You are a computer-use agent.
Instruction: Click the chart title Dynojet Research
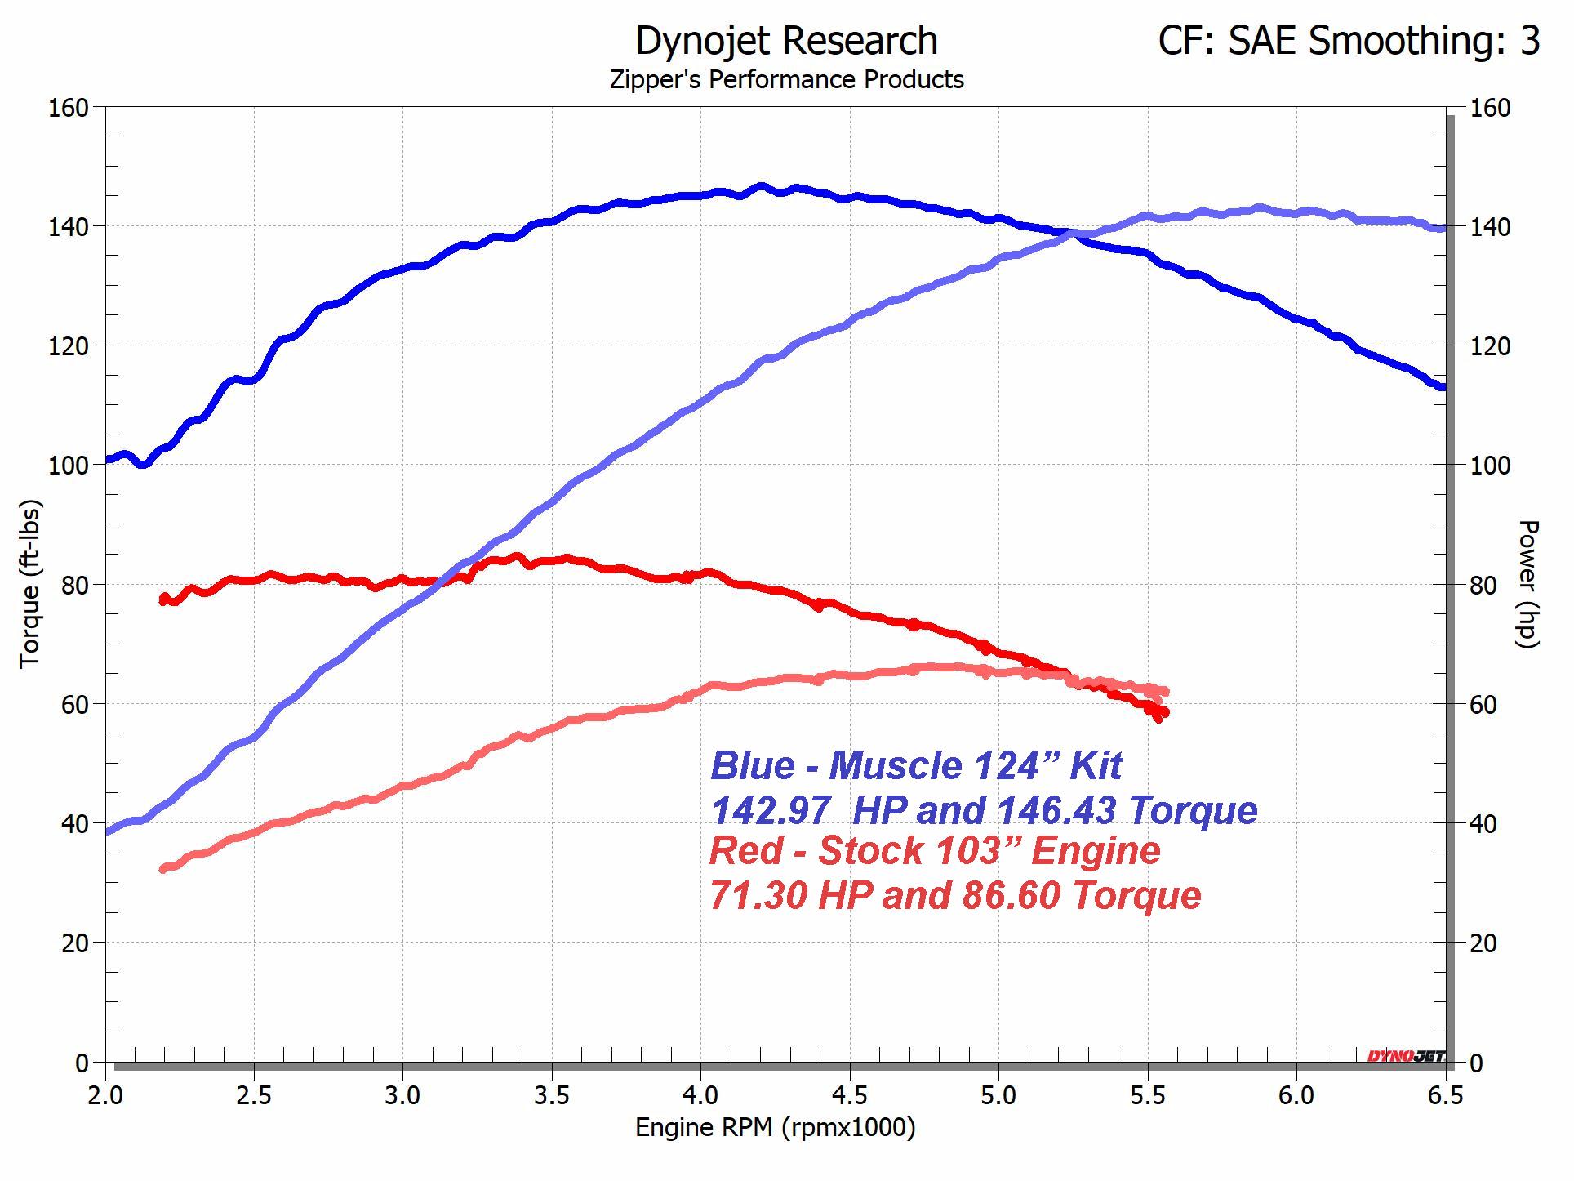[x=786, y=41]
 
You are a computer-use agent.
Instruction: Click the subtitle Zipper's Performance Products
[x=786, y=80]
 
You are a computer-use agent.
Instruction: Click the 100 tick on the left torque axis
[x=72, y=466]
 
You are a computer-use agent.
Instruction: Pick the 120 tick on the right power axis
[x=1489, y=346]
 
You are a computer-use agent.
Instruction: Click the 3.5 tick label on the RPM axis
[x=552, y=1095]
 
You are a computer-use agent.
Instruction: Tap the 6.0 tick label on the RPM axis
[x=1296, y=1095]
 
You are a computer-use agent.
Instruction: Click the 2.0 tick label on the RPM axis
[x=105, y=1095]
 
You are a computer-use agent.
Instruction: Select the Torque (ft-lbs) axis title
[x=29, y=583]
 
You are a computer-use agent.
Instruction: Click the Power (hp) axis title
[x=1527, y=583]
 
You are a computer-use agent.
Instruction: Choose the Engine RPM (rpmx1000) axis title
[x=775, y=1128]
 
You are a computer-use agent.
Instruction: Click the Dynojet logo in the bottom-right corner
[x=1406, y=1057]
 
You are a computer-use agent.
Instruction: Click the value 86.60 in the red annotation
[x=1011, y=895]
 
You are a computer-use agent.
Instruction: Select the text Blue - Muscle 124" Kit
[x=916, y=766]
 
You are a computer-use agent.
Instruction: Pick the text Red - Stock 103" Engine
[x=935, y=851]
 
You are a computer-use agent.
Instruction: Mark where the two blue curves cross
[x=1069, y=234]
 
